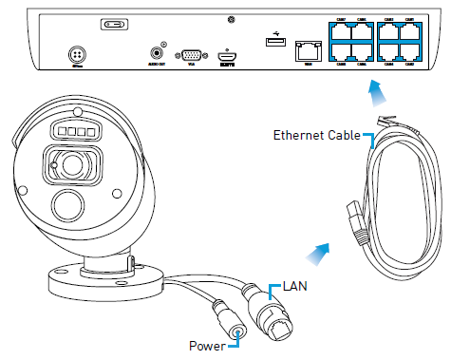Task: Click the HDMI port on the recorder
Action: click(227, 56)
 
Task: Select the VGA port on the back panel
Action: click(191, 56)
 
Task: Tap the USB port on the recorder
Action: click(274, 42)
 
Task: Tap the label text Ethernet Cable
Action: click(316, 135)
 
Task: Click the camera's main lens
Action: click(71, 167)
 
